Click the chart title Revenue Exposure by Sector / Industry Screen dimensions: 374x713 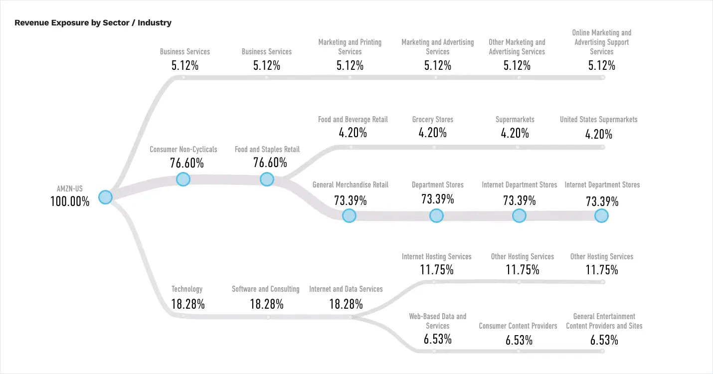[93, 22]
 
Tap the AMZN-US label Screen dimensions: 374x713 [70, 188]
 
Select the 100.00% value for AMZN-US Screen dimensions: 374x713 [70, 201]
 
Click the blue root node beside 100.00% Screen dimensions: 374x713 [105, 197]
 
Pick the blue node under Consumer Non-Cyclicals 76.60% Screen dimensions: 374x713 [183, 180]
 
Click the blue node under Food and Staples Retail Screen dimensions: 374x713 [267, 180]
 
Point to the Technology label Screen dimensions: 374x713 [187, 289]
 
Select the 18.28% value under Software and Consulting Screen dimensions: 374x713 [266, 304]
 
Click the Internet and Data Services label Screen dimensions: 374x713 [346, 289]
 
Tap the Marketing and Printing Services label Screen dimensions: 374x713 [350, 47]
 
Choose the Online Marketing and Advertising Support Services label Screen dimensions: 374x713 [602, 42]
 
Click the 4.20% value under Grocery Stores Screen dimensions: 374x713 [433, 133]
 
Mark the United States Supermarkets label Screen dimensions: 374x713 [598, 119]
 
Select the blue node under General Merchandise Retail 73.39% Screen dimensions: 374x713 [349, 215]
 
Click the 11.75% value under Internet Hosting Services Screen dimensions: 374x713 [437, 270]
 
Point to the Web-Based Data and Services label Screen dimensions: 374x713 [438, 321]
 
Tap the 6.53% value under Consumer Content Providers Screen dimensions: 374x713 [519, 340]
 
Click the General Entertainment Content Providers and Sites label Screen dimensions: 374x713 [604, 321]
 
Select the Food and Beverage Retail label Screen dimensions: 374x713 [353, 119]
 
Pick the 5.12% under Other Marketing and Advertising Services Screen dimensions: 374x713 [518, 65]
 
